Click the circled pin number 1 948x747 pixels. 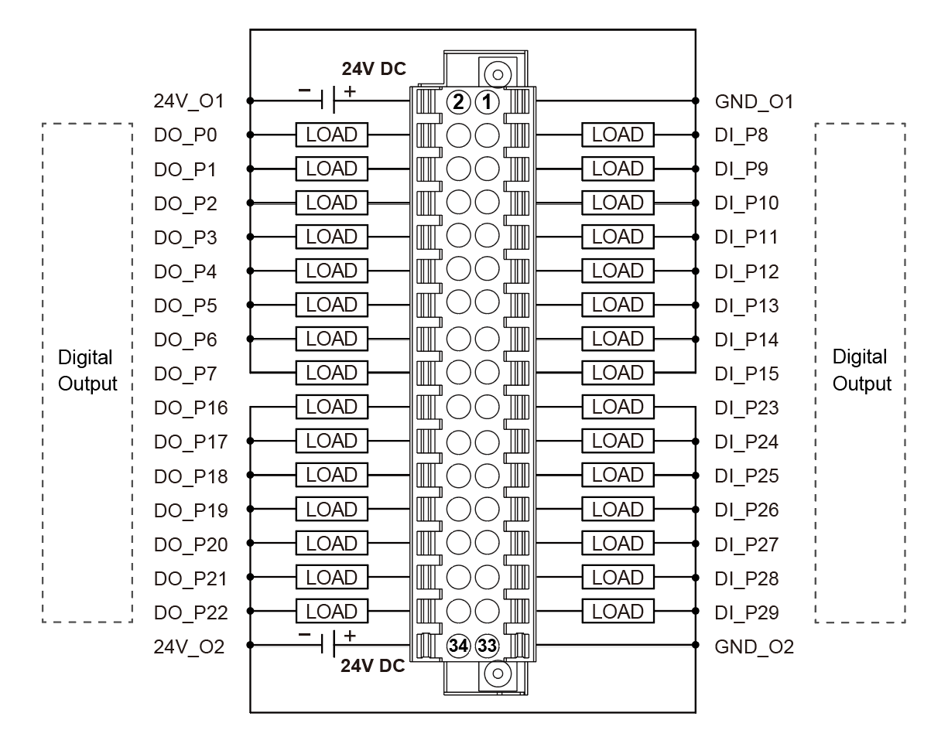click(x=487, y=101)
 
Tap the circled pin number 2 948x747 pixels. click(x=459, y=101)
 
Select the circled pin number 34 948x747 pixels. click(x=459, y=646)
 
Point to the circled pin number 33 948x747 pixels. click(x=487, y=646)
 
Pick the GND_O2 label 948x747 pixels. click(x=755, y=646)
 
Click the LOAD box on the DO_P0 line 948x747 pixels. click(x=331, y=135)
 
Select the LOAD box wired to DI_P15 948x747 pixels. click(x=618, y=373)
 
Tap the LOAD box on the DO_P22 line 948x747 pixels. click(x=331, y=612)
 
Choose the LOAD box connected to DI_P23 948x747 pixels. click(x=618, y=407)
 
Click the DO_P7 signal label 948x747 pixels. click(x=186, y=374)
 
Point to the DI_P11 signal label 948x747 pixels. click(x=747, y=237)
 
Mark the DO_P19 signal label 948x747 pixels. click(x=191, y=510)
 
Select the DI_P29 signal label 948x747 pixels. click(x=747, y=612)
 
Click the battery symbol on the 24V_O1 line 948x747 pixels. click(x=329, y=100)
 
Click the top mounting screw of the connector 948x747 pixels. click(x=497, y=75)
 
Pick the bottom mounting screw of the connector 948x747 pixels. click(x=497, y=672)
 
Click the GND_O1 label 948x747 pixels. click(x=755, y=101)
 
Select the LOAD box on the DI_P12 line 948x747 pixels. click(x=618, y=271)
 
